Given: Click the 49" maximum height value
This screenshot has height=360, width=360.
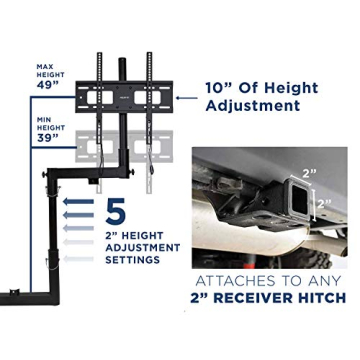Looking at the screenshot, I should point(48,85).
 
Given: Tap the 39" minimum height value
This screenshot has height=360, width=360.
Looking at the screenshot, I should point(48,138).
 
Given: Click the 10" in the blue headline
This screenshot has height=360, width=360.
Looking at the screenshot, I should point(220,88).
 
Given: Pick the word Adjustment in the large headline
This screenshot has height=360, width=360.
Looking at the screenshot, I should point(252,106).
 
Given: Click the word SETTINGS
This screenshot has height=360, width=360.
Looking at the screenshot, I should point(132,260).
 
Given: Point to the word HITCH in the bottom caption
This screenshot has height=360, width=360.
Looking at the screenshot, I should point(324,298).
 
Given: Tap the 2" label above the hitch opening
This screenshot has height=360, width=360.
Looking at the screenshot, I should point(309,173).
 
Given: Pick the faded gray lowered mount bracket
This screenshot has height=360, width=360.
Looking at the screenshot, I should point(125,148).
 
